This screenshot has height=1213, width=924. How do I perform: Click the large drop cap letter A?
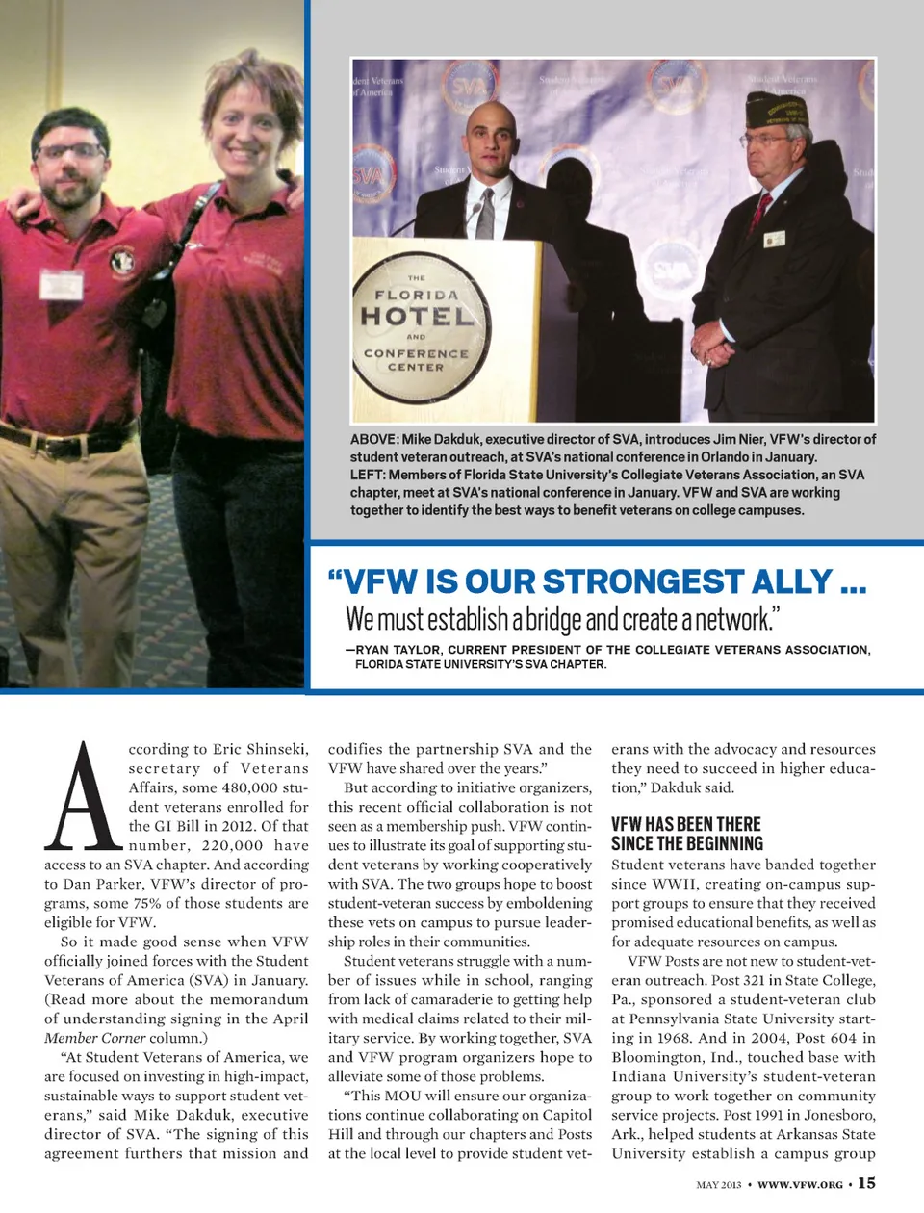click(85, 797)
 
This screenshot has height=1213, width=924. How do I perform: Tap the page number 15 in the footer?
click(866, 1183)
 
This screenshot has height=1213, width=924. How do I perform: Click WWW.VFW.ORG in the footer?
click(800, 1184)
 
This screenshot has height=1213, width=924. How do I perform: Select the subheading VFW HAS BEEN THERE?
click(686, 824)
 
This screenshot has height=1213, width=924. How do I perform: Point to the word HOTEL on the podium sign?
click(416, 316)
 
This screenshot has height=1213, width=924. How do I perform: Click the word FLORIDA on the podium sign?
click(416, 295)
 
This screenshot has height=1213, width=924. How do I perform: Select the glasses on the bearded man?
click(69, 150)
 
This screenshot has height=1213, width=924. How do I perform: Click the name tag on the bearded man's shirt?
click(61, 284)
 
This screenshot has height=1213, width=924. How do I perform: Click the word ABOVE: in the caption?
click(374, 439)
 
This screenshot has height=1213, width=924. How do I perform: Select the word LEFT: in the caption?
click(369, 475)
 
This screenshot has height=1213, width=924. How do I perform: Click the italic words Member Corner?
click(94, 1038)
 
